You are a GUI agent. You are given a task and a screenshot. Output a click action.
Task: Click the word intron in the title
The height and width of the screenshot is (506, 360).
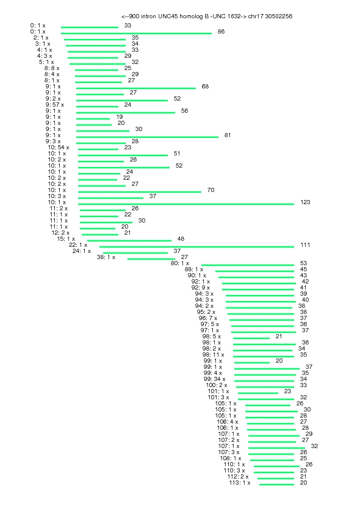click(148, 16)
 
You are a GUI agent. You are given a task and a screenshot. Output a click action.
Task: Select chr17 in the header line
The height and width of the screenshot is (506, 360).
click(256, 16)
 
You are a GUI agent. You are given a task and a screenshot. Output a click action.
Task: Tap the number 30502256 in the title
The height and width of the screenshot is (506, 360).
click(279, 16)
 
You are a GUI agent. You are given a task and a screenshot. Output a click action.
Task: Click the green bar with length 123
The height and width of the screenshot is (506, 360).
click(186, 204)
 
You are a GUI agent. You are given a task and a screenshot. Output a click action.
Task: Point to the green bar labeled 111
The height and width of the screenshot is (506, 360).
click(196, 246)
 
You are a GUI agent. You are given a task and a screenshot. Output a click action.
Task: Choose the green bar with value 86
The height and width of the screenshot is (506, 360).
click(136, 34)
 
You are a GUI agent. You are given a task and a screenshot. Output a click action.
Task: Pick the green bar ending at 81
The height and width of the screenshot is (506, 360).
click(147, 137)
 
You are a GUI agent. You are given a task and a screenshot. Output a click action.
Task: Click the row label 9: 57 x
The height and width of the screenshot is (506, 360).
click(54, 105)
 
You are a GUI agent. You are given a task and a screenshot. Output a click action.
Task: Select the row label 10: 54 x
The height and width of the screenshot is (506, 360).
click(59, 148)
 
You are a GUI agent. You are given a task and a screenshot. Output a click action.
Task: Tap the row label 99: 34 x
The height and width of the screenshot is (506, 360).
click(214, 379)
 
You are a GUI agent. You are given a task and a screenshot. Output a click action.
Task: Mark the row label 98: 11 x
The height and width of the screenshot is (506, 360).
click(213, 355)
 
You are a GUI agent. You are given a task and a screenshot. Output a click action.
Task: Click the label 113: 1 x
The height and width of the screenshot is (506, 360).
click(240, 483)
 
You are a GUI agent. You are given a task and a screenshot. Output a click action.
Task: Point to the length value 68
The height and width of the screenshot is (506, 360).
click(205, 87)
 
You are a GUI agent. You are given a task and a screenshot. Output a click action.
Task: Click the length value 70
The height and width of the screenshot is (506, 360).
click(211, 190)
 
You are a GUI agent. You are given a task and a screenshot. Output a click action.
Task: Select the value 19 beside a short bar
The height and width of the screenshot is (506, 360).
click(120, 117)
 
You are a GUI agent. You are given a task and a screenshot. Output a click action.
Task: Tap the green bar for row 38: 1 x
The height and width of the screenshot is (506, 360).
click(151, 259)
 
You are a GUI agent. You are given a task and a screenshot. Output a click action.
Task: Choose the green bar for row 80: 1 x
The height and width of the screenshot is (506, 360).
click(248, 265)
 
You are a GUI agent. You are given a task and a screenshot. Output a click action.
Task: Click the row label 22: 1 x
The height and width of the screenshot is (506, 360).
click(78, 245)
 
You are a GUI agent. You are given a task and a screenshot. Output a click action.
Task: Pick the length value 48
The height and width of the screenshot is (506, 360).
click(181, 239)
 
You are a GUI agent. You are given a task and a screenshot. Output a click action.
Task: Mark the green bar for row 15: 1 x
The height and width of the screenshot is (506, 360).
click(129, 240)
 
